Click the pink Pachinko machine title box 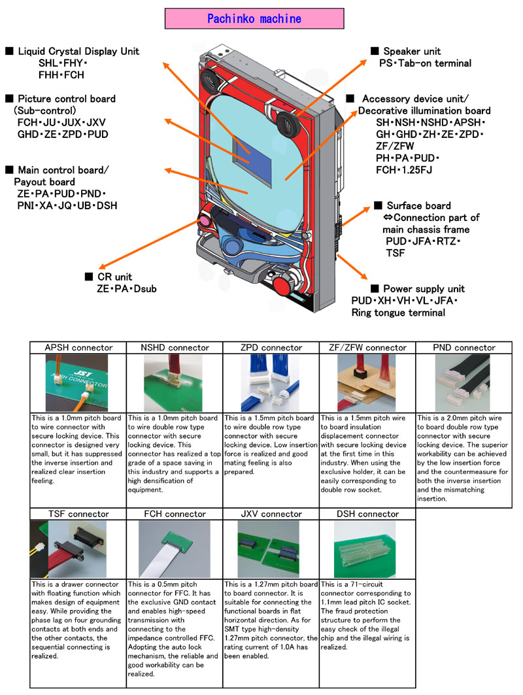click(x=254, y=18)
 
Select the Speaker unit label click(x=412, y=51)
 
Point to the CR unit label click(x=114, y=277)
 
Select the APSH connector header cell click(x=78, y=348)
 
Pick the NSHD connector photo click(x=174, y=383)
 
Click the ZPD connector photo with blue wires click(x=270, y=383)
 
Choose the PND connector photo click(x=464, y=383)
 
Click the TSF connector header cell click(x=78, y=514)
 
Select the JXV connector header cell click(x=270, y=514)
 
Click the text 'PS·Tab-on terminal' click(x=425, y=63)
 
